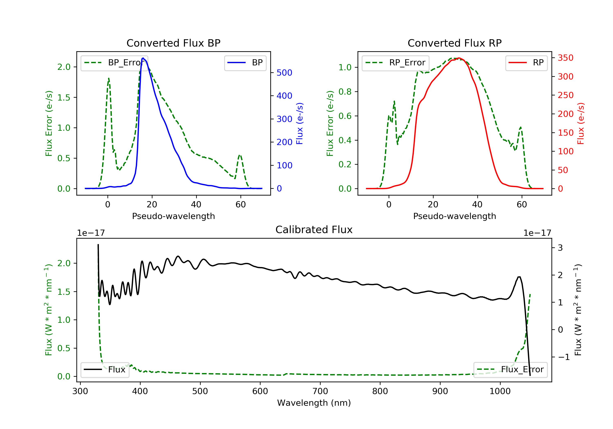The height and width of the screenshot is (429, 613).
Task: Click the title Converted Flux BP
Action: coord(173,43)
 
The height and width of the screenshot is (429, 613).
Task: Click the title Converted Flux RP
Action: coord(454,43)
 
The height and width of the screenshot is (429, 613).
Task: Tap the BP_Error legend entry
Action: coord(114,63)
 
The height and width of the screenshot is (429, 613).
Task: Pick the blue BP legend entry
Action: coord(245,63)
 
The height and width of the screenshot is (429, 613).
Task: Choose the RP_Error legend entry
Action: coord(395,63)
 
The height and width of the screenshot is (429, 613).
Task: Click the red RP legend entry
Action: coord(526,63)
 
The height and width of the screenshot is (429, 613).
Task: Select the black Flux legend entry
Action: coord(105,370)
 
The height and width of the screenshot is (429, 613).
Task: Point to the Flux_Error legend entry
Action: coord(510,370)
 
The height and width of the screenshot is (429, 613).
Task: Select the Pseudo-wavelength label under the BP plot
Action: coord(173,216)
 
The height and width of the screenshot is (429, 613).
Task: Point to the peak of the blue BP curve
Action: coord(143,58)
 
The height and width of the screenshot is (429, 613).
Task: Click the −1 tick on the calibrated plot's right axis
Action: coord(564,357)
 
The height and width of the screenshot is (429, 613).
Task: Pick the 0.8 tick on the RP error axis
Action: coord(345,92)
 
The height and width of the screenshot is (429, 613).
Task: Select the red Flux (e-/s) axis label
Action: coord(581,124)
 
